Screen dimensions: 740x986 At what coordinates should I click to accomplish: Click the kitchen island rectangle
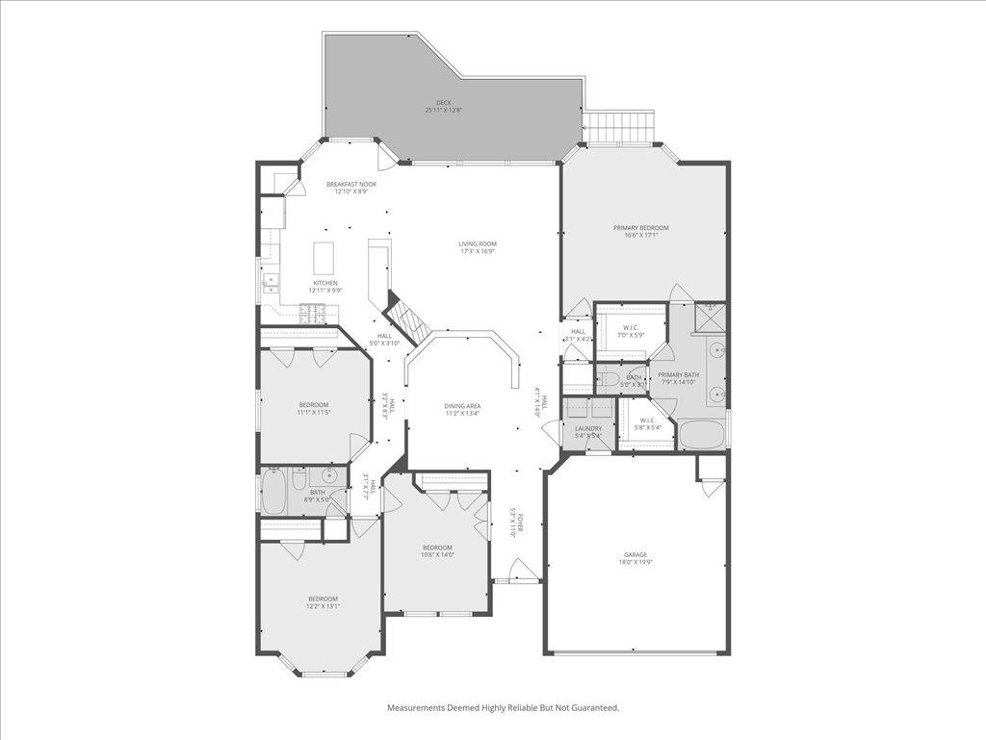click(x=324, y=257)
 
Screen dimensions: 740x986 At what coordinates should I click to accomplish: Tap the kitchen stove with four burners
click(x=313, y=312)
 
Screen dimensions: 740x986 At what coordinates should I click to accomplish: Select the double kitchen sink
click(x=270, y=282)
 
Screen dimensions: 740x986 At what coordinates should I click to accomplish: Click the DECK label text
click(x=443, y=103)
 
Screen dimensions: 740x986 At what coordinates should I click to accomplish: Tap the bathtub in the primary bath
click(x=701, y=434)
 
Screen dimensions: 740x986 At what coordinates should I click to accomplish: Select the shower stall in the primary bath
click(x=710, y=317)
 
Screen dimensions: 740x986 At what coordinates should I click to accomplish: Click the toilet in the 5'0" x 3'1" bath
click(x=610, y=378)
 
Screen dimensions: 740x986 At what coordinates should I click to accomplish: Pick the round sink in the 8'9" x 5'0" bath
click(x=329, y=475)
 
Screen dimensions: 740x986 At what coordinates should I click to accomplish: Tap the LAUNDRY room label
click(x=588, y=428)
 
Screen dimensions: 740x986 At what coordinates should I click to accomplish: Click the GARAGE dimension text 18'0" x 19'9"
click(x=636, y=563)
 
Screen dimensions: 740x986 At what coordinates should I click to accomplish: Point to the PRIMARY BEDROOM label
click(x=640, y=228)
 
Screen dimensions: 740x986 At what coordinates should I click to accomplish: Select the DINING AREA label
click(x=462, y=406)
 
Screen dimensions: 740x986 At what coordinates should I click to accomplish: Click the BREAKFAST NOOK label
click(x=350, y=184)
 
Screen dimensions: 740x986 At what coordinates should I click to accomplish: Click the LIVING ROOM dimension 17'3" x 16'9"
click(x=477, y=252)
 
